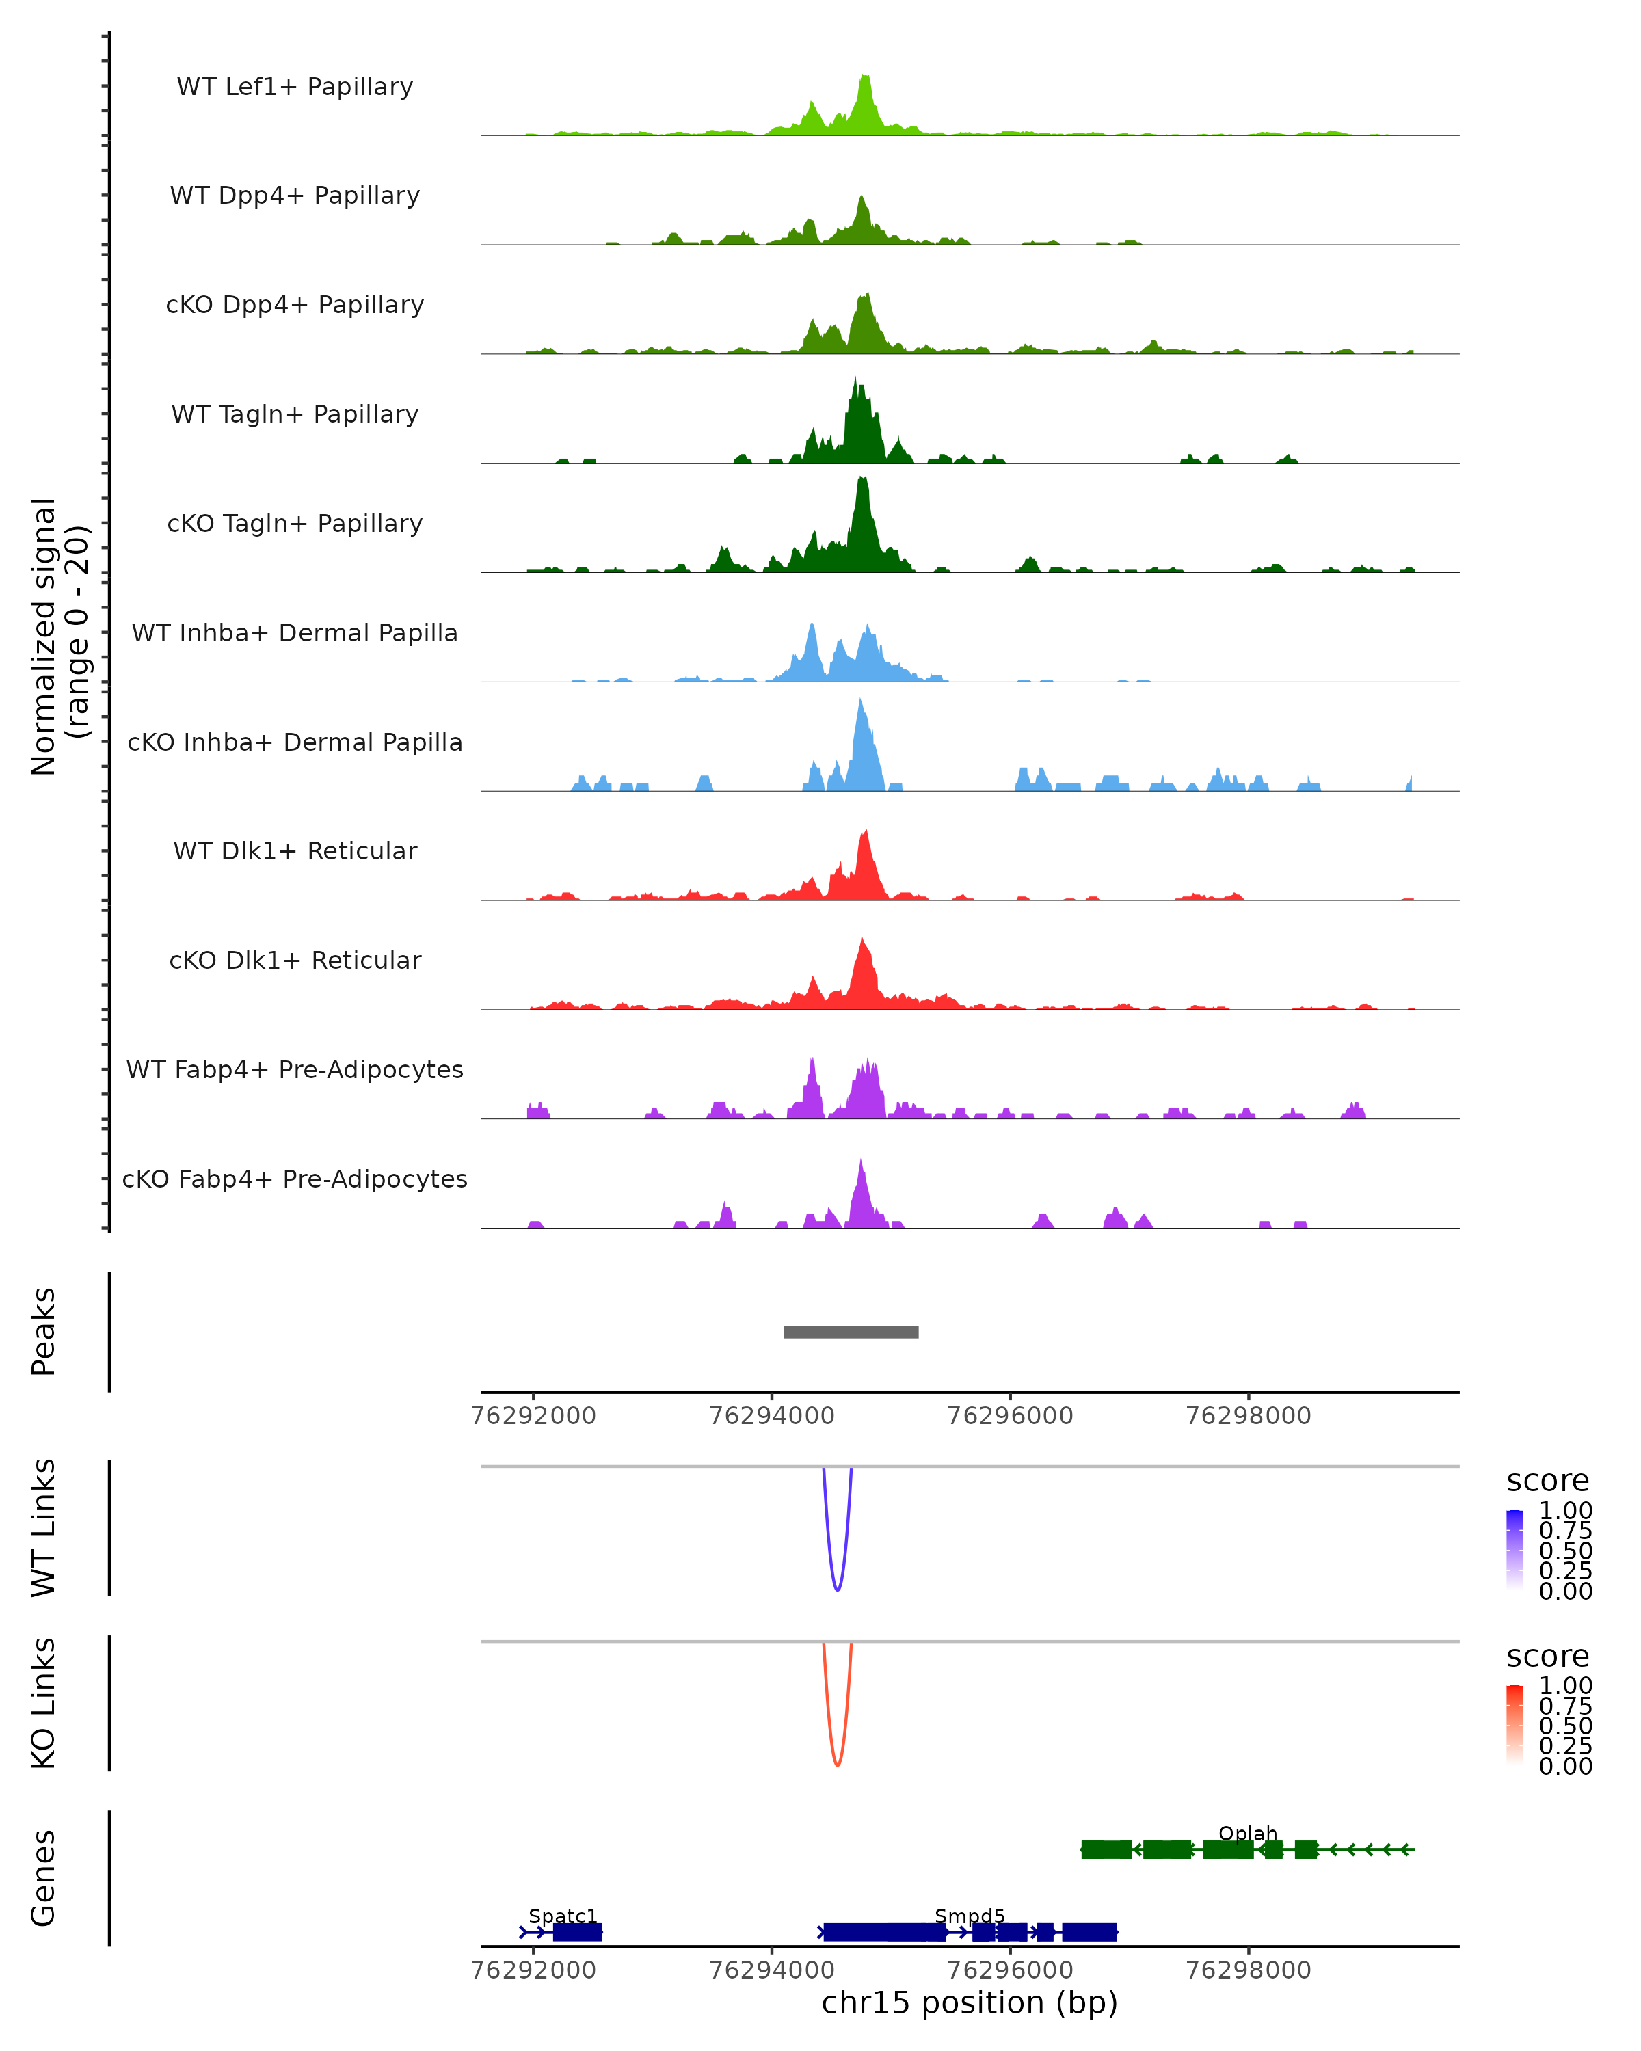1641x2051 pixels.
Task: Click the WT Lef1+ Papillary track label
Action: pos(295,87)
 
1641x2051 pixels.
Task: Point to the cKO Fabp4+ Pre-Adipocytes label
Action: pos(295,1179)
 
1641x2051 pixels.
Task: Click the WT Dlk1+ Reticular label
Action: pos(295,850)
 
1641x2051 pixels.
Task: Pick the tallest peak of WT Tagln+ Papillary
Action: pos(855,381)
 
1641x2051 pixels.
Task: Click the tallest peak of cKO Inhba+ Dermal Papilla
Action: pos(860,701)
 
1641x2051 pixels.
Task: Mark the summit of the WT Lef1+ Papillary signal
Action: pos(865,76)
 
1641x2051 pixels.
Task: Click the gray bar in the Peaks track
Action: pos(851,1332)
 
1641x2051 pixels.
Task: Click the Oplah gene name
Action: pos(1247,1833)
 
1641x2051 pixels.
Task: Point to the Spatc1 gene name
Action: pos(562,1916)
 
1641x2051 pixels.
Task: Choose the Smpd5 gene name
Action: pos(970,1916)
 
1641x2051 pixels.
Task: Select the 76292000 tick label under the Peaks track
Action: pos(534,1416)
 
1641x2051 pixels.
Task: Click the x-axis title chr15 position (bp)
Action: pos(970,2003)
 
